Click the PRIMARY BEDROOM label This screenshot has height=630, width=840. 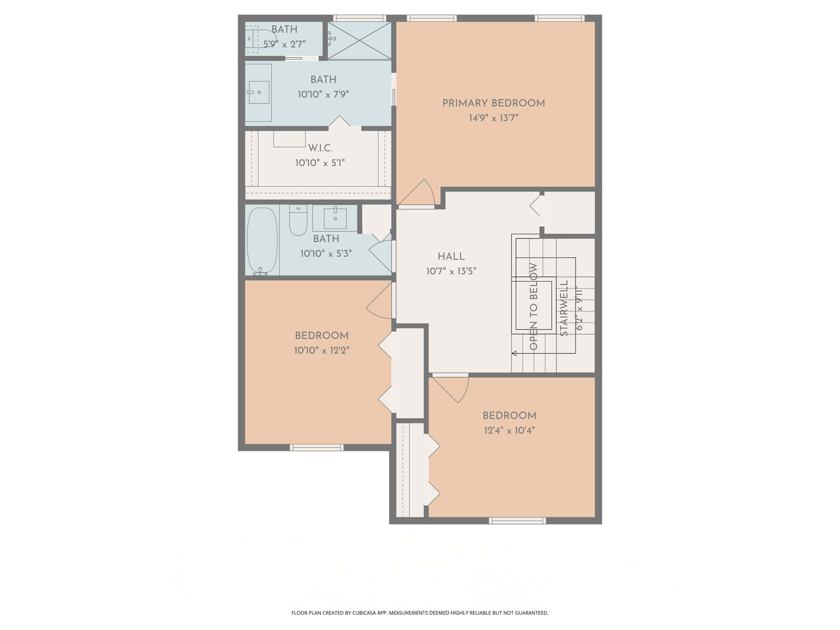tap(493, 103)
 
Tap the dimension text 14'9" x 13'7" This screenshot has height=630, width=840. tap(493, 118)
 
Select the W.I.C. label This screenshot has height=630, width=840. tap(320, 148)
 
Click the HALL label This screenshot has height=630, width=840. tap(451, 257)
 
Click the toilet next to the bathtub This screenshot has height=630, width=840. tap(298, 221)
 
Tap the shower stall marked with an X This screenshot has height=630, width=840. tap(359, 41)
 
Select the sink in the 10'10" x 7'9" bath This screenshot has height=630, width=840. tap(259, 92)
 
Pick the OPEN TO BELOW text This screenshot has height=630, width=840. tap(534, 306)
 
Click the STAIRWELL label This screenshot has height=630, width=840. tap(564, 308)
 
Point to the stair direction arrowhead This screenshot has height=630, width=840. tap(514, 353)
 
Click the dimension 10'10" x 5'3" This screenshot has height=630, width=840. tap(326, 254)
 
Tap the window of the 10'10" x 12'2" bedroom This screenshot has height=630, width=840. tap(317, 447)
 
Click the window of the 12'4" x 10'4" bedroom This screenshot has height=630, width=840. tap(517, 521)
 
